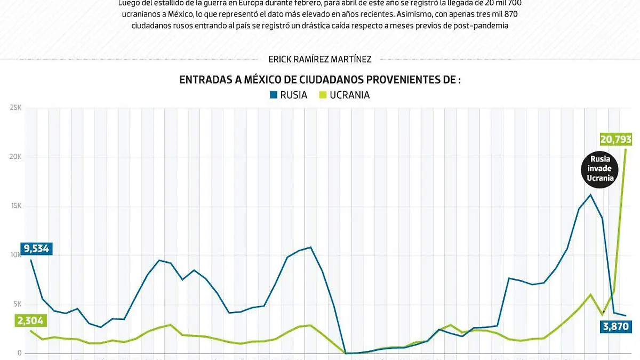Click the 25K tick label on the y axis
14,108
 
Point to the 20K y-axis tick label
14,157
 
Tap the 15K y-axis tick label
14,206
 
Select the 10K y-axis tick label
14,255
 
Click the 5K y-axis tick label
16,304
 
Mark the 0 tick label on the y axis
19,353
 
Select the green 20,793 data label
615,140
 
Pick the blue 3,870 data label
615,326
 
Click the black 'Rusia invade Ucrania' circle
600,169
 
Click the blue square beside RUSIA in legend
274,95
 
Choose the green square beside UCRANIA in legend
322,95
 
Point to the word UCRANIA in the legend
350,95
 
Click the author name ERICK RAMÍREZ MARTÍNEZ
320,60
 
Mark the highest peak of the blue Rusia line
590,195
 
